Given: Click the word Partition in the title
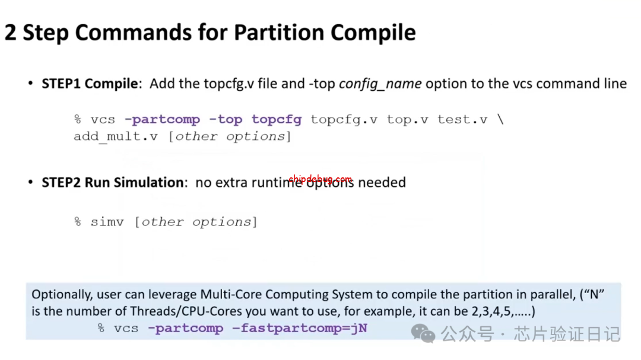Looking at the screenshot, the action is click(x=278, y=32).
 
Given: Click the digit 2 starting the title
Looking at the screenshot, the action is click(x=11, y=33).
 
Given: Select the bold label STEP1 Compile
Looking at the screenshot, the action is click(x=90, y=84).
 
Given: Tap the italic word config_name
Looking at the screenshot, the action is click(x=380, y=84).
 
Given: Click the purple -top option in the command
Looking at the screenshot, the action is click(x=226, y=119).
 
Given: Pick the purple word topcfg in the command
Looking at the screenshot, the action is click(x=277, y=120).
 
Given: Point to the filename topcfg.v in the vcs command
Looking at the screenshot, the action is click(x=344, y=120).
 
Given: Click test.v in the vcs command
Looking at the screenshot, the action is click(x=462, y=119).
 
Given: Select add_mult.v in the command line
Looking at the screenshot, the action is click(x=116, y=136).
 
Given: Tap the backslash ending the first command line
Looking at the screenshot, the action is click(x=500, y=119).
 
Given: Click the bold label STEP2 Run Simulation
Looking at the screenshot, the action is click(x=113, y=182).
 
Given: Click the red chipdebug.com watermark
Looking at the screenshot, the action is click(x=320, y=179).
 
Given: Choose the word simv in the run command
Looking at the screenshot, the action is click(x=107, y=222).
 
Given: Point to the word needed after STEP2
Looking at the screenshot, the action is click(x=382, y=182).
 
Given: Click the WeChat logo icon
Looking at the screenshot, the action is click(x=423, y=333).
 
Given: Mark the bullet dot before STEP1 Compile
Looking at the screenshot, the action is click(x=31, y=84).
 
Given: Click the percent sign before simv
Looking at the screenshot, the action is click(x=78, y=222).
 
